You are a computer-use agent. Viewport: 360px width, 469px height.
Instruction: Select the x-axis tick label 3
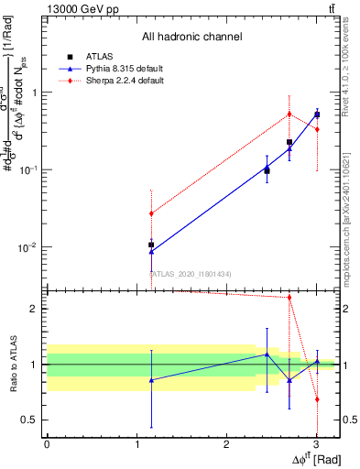pos(315,444)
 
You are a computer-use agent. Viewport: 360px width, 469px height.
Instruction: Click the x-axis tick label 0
pos(47,444)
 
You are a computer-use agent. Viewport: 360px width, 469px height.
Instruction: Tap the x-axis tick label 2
pos(225,444)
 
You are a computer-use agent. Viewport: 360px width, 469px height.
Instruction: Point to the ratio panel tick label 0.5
pos(29,420)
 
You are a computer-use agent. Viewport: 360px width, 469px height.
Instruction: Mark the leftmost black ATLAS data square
pos(151,245)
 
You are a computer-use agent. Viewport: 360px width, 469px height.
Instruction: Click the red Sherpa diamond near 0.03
pos(151,213)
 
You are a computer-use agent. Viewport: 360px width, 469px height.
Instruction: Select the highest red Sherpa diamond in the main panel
pos(289,114)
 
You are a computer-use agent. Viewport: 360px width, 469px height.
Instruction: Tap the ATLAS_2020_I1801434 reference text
pos(191,274)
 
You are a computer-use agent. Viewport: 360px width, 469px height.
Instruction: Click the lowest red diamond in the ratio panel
pos(317,399)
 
